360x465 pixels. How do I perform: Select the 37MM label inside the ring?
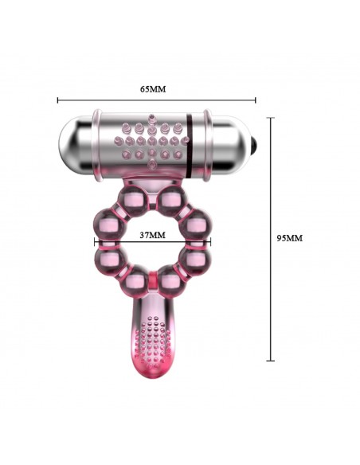click(151, 235)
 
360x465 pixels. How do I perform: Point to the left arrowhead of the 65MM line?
click(60, 100)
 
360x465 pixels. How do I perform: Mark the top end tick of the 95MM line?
click(270, 117)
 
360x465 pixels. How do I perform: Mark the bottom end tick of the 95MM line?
click(270, 361)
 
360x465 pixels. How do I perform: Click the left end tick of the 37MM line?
click(95, 243)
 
